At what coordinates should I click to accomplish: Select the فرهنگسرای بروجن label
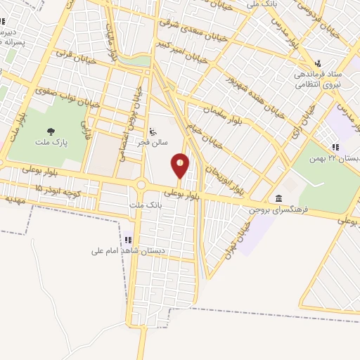click(280, 210)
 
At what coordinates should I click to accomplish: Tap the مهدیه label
click(15, 199)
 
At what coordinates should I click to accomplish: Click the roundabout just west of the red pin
click(141, 185)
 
